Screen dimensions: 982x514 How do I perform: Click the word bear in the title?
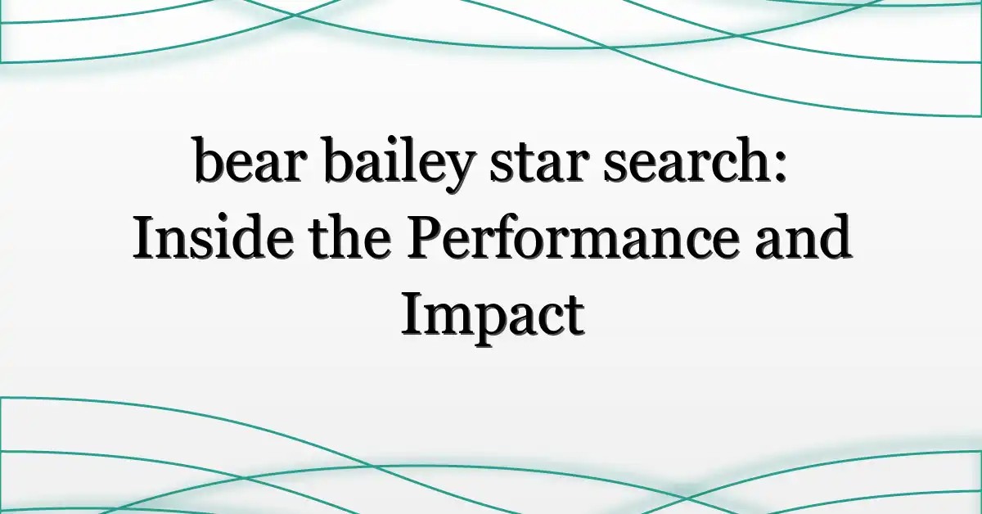tap(250, 160)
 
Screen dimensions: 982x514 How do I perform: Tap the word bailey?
tap(399, 165)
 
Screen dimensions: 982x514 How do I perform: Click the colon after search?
tap(781, 166)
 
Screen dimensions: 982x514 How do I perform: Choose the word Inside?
tap(213, 237)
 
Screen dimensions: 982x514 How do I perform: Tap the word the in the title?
tap(349, 237)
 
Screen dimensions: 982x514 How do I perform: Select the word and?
tap(803, 237)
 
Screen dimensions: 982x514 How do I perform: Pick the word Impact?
tap(493, 319)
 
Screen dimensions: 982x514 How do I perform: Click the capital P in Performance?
tap(427, 237)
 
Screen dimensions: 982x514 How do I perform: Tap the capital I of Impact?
tap(413, 314)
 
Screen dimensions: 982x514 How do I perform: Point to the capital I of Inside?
tap(145, 237)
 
